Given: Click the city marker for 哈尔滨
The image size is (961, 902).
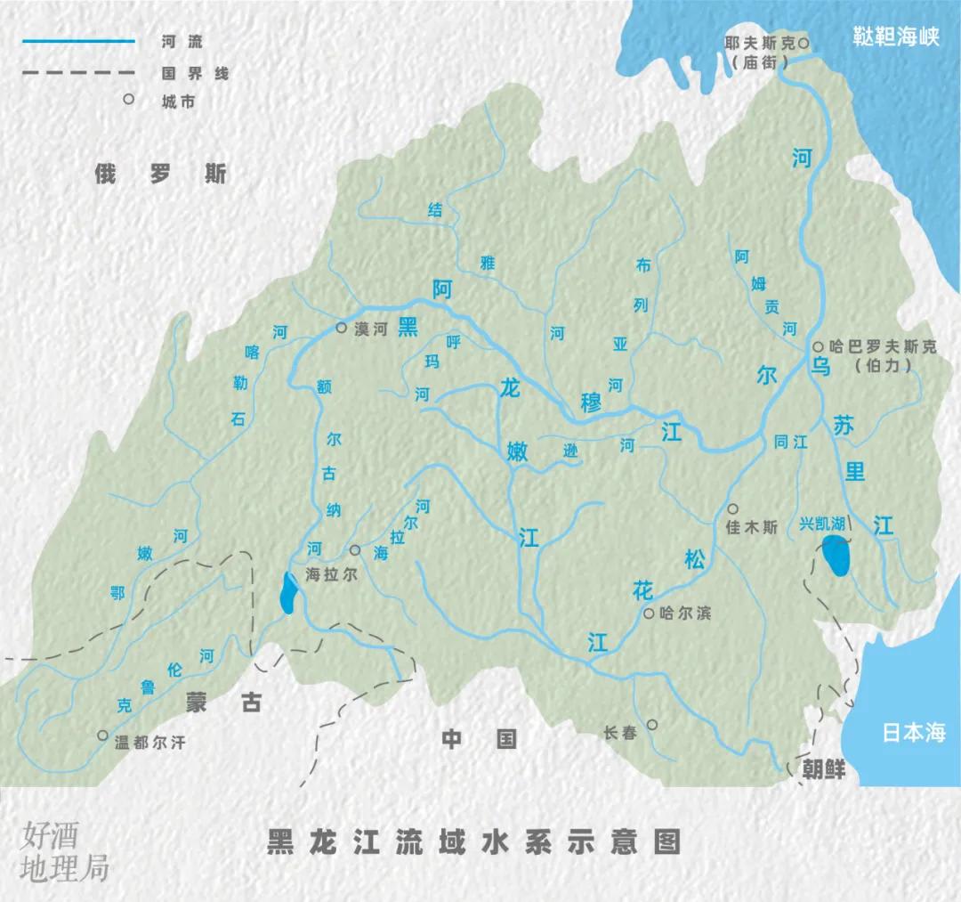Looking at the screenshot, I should pyautogui.click(x=649, y=614).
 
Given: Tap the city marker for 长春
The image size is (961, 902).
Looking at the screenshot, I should pyautogui.click(x=652, y=725).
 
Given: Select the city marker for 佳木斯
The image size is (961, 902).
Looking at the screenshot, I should pyautogui.click(x=732, y=508).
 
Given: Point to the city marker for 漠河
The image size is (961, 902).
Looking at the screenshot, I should pyautogui.click(x=341, y=328).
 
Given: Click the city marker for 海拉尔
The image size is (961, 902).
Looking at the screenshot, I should pyautogui.click(x=355, y=550).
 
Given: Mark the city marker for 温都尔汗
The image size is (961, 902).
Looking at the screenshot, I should pyautogui.click(x=103, y=736).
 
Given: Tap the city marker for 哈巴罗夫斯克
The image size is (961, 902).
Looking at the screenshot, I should pyautogui.click(x=818, y=346).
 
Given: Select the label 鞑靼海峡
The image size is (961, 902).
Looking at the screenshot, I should pyautogui.click(x=896, y=39).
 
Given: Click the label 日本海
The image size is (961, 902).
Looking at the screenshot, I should pyautogui.click(x=913, y=734).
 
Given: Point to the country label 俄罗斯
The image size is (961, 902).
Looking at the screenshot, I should pyautogui.click(x=161, y=174).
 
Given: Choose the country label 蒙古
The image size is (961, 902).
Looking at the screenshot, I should pyautogui.click(x=223, y=703).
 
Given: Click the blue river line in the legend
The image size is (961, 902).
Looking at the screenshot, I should pyautogui.click(x=78, y=41).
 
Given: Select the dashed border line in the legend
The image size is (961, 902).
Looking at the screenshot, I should pyautogui.click(x=78, y=71).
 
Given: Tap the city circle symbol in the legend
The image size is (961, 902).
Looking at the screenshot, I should pyautogui.click(x=129, y=100).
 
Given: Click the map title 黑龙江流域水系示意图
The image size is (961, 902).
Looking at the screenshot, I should pyautogui.click(x=473, y=842).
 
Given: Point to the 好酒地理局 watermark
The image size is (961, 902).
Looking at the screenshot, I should pyautogui.click(x=63, y=852).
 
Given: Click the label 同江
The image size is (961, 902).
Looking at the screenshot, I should pyautogui.click(x=791, y=441).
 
